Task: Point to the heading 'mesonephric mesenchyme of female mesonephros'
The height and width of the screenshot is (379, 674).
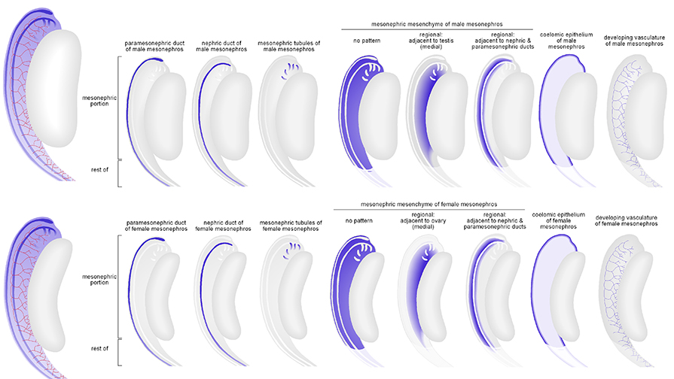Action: tap(429, 204)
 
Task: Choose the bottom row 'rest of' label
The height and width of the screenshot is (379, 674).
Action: tap(99, 347)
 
